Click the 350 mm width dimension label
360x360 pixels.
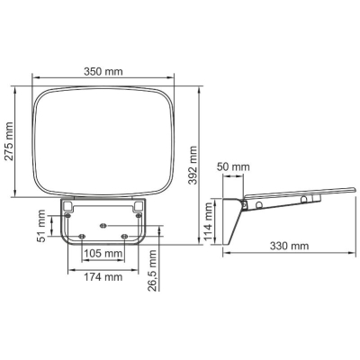pyautogui.click(x=103, y=72)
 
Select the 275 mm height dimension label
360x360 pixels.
pyautogui.click(x=10, y=141)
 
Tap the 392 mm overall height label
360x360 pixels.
pyautogui.click(x=193, y=166)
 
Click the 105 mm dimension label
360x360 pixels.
pyautogui.click(x=103, y=254)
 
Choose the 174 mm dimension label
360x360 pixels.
pyautogui.click(x=103, y=277)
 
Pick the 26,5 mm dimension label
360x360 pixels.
pyautogui.click(x=152, y=270)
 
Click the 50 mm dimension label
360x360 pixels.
pyautogui.click(x=233, y=166)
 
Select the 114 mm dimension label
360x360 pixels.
pyautogui.click(x=208, y=221)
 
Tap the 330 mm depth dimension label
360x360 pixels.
pyautogui.click(x=289, y=246)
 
